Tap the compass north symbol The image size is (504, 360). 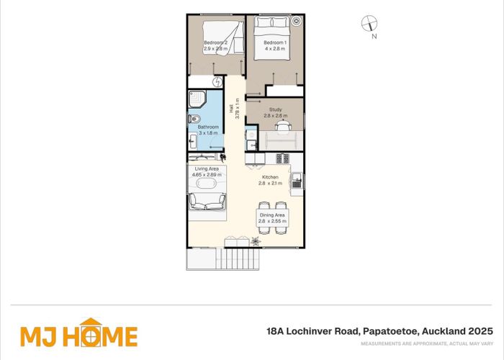pyautogui.click(x=369, y=24)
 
